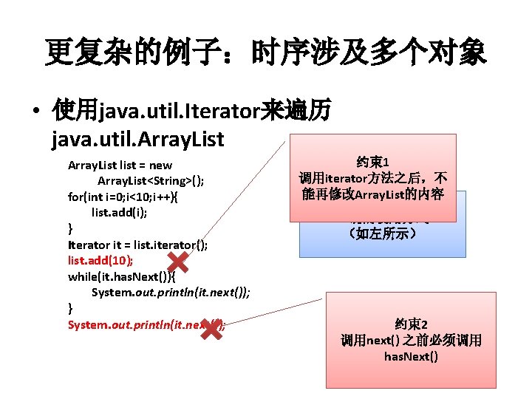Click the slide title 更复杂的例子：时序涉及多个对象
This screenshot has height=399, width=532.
click(x=265, y=52)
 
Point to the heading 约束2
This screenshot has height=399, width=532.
click(x=411, y=323)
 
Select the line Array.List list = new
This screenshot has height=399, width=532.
click(x=120, y=166)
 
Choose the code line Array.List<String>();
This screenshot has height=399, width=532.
click(x=151, y=181)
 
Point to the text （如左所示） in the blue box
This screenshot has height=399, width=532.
click(x=382, y=233)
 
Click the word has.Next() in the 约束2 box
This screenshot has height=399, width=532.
click(x=411, y=357)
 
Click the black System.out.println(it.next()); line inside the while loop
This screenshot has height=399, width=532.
click(x=171, y=292)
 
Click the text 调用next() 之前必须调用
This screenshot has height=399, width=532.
click(x=411, y=340)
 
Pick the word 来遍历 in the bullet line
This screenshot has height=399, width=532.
click(x=287, y=112)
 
